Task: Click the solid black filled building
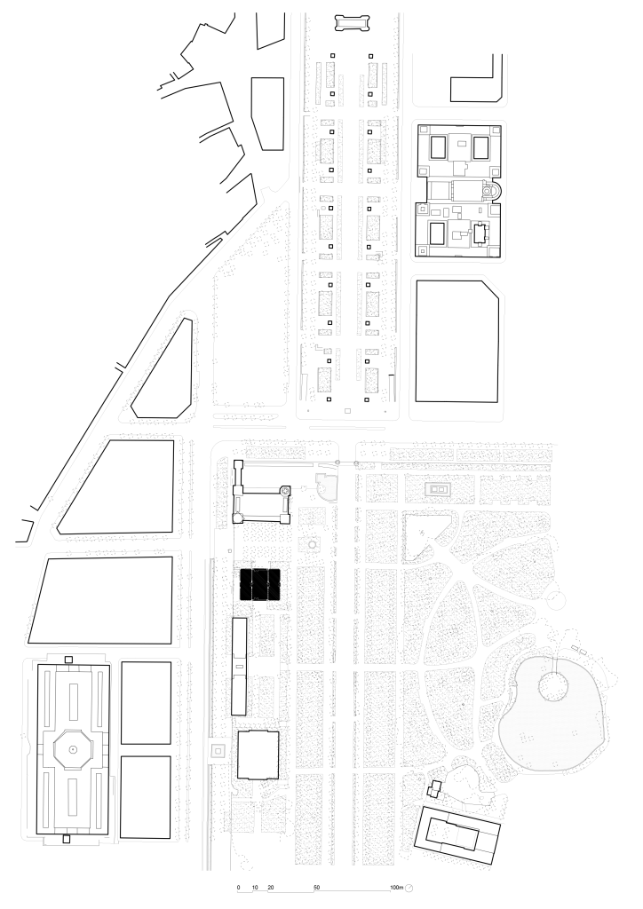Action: (260, 584)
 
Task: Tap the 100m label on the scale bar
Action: (397, 888)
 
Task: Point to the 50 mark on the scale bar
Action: (316, 888)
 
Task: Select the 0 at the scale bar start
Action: (238, 888)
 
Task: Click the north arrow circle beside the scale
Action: (409, 888)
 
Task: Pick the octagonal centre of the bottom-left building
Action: (73, 749)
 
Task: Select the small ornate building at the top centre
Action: (352, 23)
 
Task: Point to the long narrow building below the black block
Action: (239, 666)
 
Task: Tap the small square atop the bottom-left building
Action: (68, 660)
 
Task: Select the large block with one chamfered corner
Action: (457, 342)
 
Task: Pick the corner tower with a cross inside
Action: (285, 491)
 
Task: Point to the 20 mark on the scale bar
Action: (270, 888)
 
